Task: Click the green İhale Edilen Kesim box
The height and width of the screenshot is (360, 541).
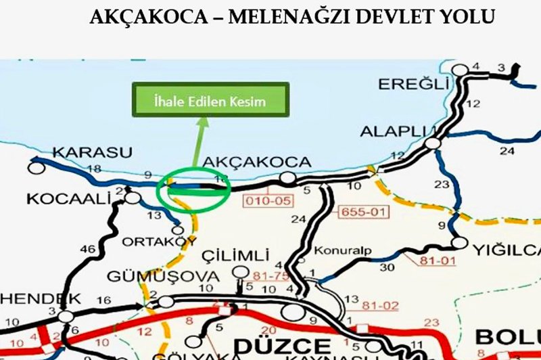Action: [x=210, y=102]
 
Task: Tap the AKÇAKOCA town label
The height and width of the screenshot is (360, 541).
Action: [x=257, y=162]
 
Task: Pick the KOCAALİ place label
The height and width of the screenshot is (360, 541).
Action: [x=57, y=200]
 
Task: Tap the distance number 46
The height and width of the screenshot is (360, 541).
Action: [x=88, y=250]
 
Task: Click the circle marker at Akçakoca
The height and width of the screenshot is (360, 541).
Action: [x=289, y=179]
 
